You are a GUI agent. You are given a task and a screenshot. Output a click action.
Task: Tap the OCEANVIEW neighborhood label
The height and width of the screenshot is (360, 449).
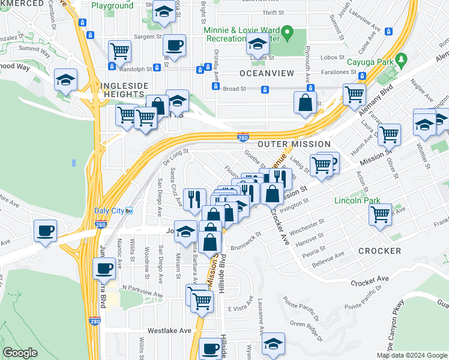[267, 73]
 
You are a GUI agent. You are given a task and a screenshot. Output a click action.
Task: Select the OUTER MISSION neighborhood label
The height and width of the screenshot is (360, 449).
[294, 144]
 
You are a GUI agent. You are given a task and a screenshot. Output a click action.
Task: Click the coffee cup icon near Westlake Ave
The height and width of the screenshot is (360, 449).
[210, 348]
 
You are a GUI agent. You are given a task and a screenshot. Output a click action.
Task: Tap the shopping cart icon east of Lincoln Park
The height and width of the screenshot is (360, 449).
[381, 213]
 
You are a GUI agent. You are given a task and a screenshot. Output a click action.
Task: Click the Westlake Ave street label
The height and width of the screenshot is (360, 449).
[169, 331]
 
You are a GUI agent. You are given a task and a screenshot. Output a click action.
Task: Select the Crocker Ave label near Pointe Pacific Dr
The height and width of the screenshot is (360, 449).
[370, 280]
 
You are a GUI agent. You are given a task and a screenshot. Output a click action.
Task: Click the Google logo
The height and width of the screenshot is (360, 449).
[20, 353]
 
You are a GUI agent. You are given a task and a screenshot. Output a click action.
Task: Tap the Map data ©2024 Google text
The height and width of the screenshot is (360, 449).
[412, 355]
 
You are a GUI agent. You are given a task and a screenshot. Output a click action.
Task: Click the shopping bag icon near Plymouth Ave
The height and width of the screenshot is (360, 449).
[305, 102]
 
